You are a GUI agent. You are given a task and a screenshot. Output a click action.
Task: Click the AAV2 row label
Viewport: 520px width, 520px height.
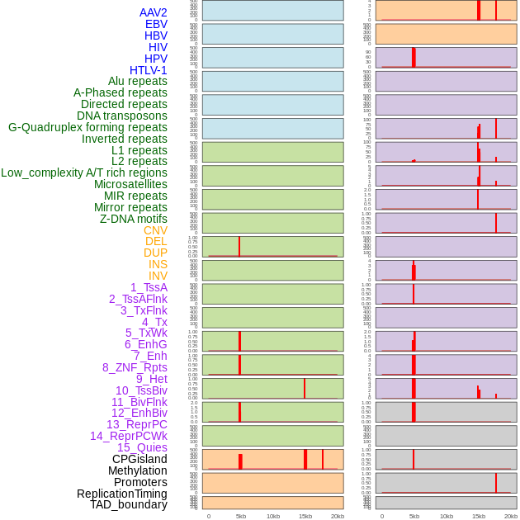(154, 12)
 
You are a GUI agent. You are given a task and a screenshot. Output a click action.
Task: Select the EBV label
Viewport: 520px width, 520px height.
(156, 24)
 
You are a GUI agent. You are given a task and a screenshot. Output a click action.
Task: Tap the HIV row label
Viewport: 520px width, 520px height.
(158, 47)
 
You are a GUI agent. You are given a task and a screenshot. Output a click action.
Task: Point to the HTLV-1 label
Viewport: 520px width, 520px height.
(148, 70)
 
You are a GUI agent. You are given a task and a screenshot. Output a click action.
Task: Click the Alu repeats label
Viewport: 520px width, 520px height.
(138, 81)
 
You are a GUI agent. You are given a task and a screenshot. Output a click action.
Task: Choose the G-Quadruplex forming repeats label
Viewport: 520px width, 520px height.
(87, 127)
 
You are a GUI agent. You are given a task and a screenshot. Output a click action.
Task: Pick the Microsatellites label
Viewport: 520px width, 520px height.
(130, 184)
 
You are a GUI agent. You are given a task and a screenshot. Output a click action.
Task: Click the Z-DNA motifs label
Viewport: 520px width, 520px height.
(134, 219)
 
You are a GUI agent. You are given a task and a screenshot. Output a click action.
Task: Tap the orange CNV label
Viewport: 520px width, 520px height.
(155, 230)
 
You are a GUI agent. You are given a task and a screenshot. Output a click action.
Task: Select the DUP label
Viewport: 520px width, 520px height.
(155, 253)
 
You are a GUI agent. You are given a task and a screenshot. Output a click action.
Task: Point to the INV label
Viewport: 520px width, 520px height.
(158, 276)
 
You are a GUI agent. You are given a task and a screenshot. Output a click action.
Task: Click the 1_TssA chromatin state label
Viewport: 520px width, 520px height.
(149, 287)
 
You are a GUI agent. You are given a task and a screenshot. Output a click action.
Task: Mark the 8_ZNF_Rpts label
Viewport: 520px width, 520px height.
(135, 367)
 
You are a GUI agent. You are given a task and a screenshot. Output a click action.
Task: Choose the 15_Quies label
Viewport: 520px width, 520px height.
(142, 447)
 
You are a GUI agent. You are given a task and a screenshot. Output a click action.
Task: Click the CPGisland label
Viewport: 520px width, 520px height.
(139, 459)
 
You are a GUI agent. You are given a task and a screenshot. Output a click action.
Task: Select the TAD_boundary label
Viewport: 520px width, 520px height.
(129, 504)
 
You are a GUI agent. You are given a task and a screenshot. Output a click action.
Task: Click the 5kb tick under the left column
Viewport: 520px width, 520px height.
(241, 516)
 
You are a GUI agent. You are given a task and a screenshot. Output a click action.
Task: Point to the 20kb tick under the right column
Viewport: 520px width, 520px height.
(511, 516)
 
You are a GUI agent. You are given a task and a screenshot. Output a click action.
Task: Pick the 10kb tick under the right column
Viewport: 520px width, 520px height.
(447, 516)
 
